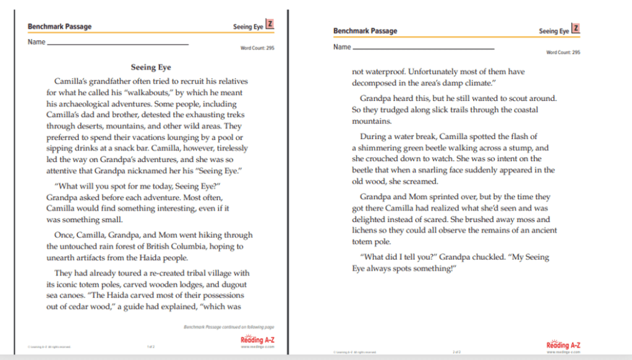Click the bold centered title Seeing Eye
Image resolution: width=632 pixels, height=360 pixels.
[151, 67]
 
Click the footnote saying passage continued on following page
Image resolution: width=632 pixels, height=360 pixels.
[229, 326]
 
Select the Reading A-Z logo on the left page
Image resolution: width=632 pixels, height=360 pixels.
[257, 341]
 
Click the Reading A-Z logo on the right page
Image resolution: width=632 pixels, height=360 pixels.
[563, 345]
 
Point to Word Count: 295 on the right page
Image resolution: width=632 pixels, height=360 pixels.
[563, 53]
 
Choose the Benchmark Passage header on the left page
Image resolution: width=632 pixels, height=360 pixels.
[59, 27]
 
